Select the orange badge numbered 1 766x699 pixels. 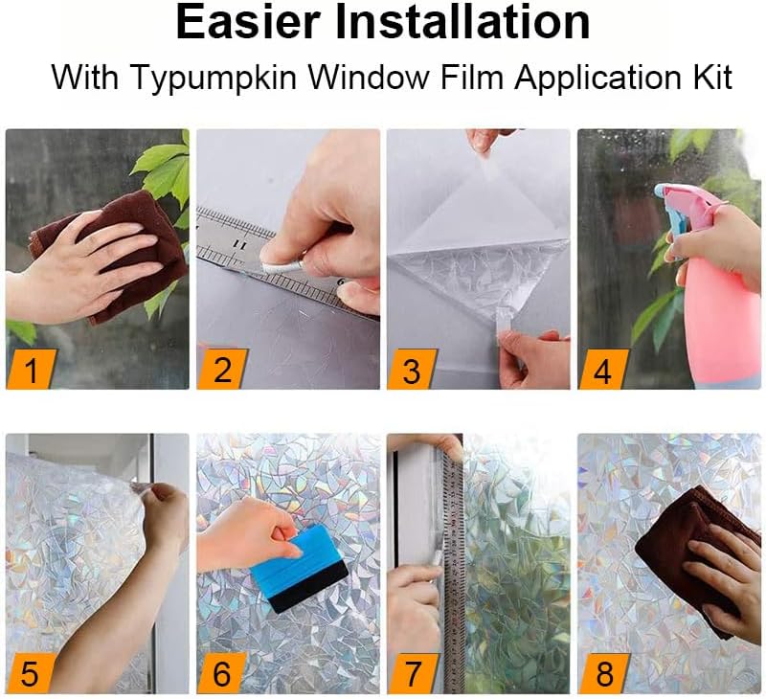click(31, 370)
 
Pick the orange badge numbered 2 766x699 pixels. click(221, 370)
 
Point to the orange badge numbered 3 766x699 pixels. click(412, 370)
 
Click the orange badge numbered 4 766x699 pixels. click(602, 370)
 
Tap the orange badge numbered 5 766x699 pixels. click(31, 673)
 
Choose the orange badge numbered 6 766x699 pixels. click(221, 673)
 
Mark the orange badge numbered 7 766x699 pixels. click(412, 673)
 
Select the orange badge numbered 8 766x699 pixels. click(603, 673)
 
